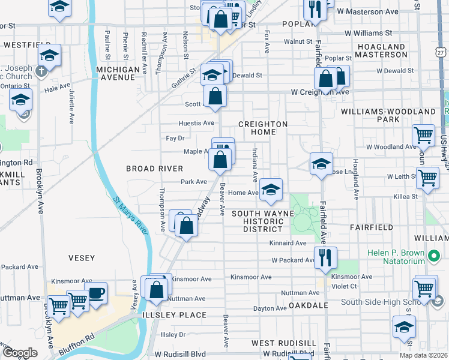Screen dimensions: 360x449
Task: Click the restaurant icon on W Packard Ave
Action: click(x=325, y=257)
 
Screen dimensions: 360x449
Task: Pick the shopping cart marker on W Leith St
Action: click(x=427, y=177)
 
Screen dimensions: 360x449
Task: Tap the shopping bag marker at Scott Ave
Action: click(x=215, y=96)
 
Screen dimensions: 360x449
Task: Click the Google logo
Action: click(x=20, y=353)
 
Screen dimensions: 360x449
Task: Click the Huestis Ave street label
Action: click(x=196, y=123)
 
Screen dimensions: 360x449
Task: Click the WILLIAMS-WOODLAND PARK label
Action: click(x=388, y=115)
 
